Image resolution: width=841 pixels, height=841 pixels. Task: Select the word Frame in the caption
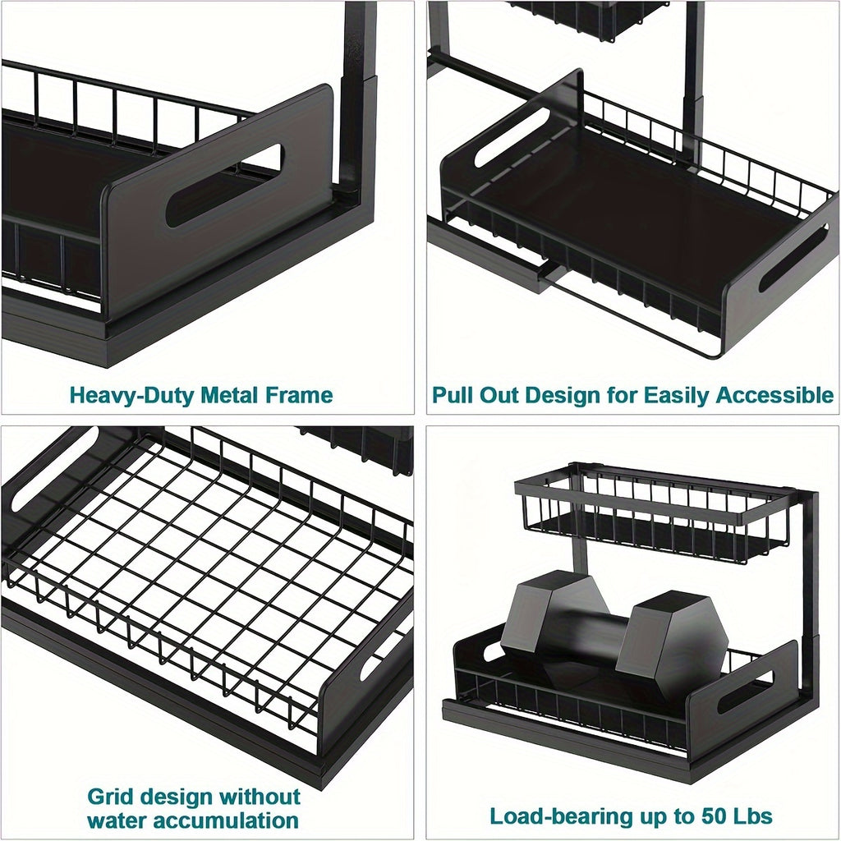click(x=300, y=395)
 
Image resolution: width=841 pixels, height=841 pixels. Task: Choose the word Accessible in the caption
click(x=774, y=395)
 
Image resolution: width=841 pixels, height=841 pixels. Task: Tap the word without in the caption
click(x=260, y=796)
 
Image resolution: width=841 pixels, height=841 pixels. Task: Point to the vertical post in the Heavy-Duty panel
click(x=359, y=99)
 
